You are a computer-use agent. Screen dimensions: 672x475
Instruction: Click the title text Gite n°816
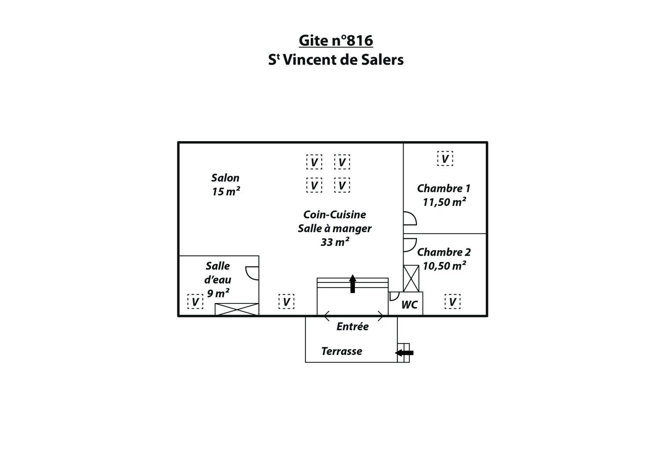click(x=336, y=40)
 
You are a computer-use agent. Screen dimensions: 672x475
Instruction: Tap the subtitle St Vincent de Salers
click(x=336, y=60)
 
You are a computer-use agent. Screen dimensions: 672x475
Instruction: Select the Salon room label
click(x=225, y=178)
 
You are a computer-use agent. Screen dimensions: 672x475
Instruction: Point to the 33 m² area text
click(x=335, y=242)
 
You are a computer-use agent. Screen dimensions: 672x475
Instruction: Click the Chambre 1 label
click(x=444, y=188)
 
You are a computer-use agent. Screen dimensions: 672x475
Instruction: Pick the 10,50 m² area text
click(x=444, y=266)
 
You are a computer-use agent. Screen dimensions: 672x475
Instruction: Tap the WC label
click(x=410, y=305)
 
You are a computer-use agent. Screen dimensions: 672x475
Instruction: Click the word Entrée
click(x=353, y=326)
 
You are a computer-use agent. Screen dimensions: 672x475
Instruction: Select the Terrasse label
click(x=342, y=351)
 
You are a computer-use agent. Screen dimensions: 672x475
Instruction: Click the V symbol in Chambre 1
click(x=445, y=158)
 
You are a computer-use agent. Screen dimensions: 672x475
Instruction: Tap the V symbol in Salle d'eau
click(x=195, y=301)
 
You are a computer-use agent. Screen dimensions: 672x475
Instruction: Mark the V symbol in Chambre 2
click(x=452, y=301)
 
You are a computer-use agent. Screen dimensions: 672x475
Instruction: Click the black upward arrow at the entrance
click(x=353, y=284)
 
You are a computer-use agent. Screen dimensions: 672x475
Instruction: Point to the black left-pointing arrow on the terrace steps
click(x=404, y=353)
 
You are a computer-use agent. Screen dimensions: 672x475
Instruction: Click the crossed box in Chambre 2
click(x=411, y=278)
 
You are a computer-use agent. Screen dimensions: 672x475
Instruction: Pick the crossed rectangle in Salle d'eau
click(x=237, y=309)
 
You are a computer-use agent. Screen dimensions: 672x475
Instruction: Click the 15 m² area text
click(x=226, y=192)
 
